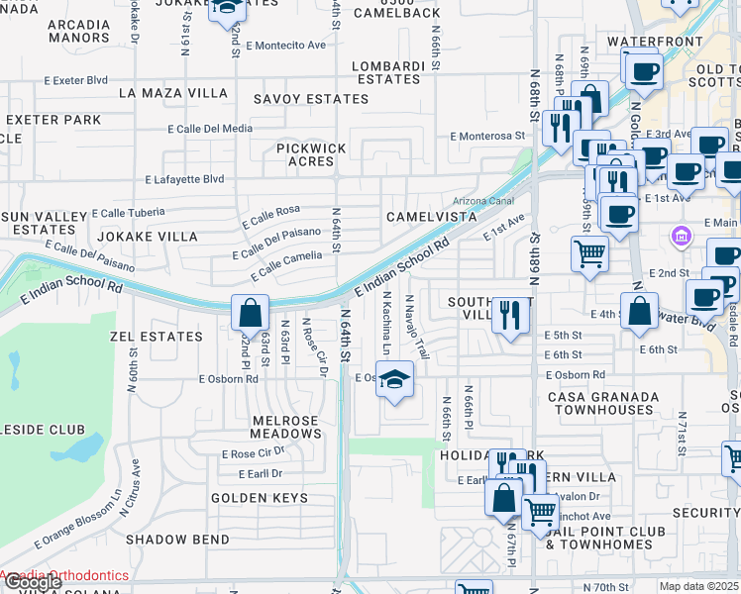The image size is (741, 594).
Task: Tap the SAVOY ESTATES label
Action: (x=310, y=99)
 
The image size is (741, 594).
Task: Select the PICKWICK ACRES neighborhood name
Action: (x=311, y=154)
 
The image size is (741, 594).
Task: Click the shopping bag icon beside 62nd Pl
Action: (x=252, y=313)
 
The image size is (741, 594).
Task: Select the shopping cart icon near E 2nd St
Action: (x=589, y=253)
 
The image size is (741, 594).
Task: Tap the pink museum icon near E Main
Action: (x=680, y=236)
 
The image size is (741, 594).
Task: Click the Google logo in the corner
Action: (x=32, y=582)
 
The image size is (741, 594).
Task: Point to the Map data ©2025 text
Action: (x=699, y=586)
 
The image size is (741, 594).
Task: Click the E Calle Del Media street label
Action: (x=210, y=129)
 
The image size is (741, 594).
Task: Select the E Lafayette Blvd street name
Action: (x=184, y=179)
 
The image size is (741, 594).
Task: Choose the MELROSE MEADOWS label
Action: (x=271, y=427)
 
